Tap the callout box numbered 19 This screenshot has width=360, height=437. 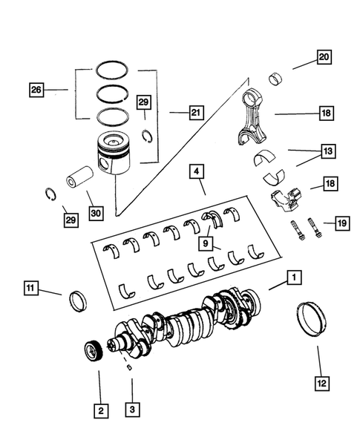pyautogui.click(x=341, y=223)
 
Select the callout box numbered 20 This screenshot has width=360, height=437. pyautogui.click(x=324, y=56)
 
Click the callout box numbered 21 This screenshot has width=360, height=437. pyautogui.click(x=195, y=113)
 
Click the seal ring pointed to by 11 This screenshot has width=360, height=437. pyautogui.click(x=77, y=302)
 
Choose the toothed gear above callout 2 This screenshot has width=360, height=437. pyautogui.click(x=94, y=351)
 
